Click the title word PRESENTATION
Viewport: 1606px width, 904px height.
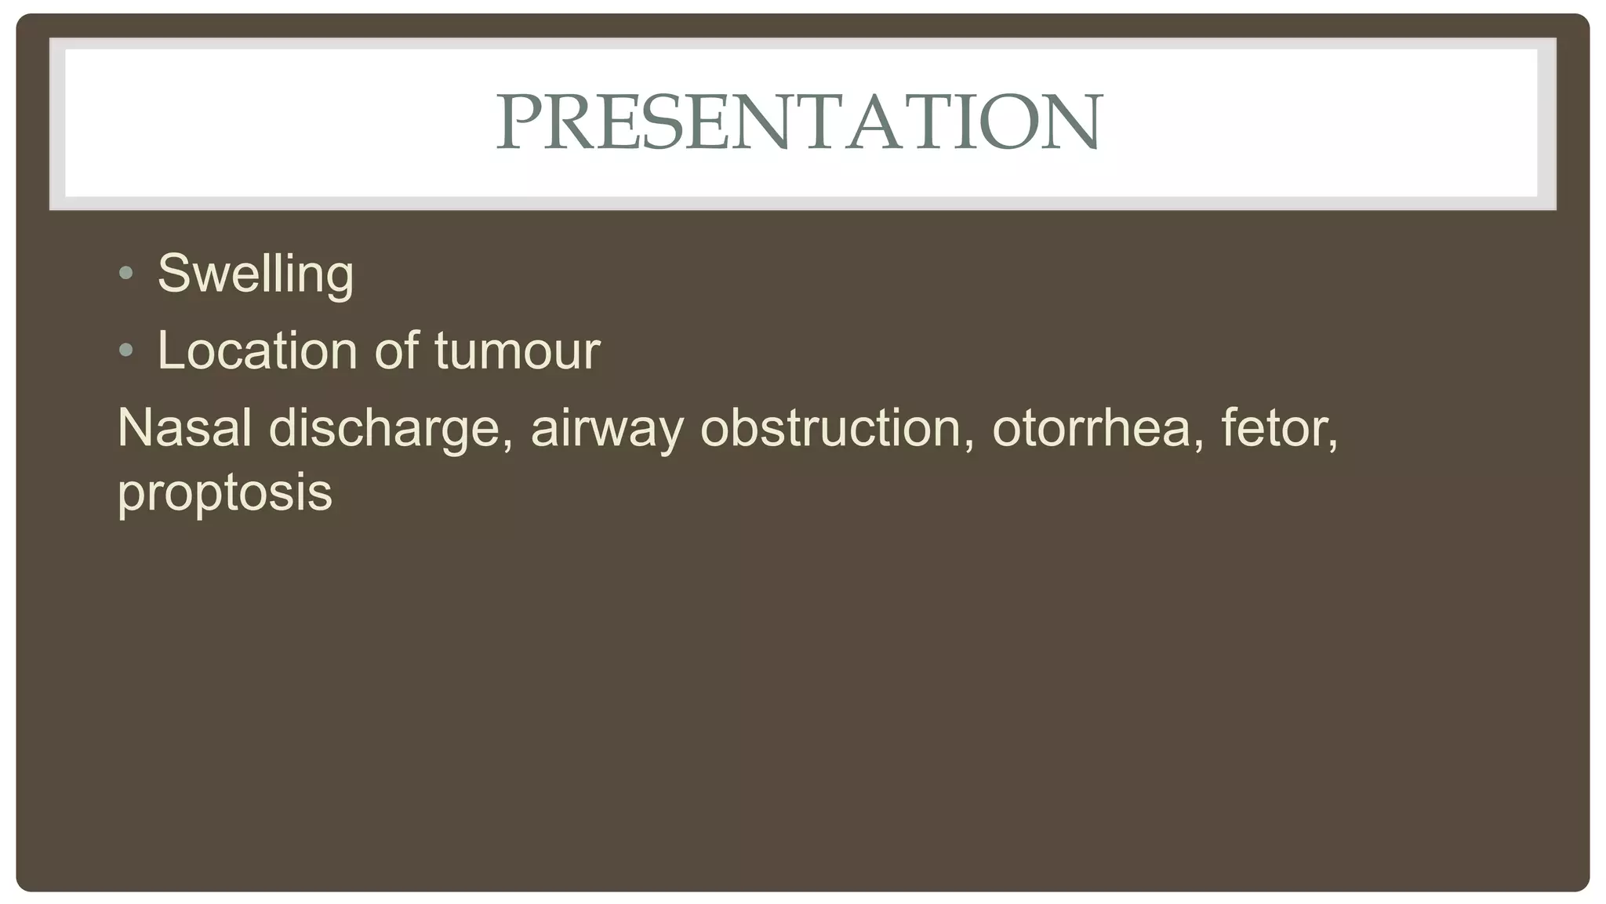click(799, 122)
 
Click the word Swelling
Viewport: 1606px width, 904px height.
click(256, 274)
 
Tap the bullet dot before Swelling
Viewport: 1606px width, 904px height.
click(126, 274)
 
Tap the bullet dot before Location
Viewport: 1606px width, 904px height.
click(126, 350)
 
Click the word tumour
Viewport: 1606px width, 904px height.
click(517, 350)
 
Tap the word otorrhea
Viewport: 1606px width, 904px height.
click(1091, 428)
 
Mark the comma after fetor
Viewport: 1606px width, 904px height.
click(1333, 445)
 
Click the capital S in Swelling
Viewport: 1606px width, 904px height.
click(175, 274)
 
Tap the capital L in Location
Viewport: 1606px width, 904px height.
click(170, 350)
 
